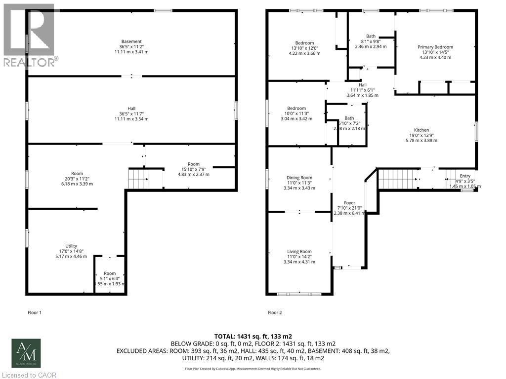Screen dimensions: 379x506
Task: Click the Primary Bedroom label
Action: pos(435,47)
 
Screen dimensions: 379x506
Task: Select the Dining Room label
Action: pos(300,178)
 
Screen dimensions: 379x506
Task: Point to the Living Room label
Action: pos(299,251)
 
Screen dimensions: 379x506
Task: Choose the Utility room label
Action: pos(71,246)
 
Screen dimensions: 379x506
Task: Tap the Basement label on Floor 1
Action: pos(131,41)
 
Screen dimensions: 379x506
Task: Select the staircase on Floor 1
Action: pos(139,178)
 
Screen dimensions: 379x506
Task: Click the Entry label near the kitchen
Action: pos(465,176)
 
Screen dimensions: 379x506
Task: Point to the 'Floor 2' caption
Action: pos(275,312)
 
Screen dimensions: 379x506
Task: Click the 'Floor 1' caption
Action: pos(34,312)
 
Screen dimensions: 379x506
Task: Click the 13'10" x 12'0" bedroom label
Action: pos(304,43)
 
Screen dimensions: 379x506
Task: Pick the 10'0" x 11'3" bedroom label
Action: pos(297,109)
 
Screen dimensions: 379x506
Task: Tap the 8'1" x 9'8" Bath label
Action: pos(371,36)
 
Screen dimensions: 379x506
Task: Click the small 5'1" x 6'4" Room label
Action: pos(109,273)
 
